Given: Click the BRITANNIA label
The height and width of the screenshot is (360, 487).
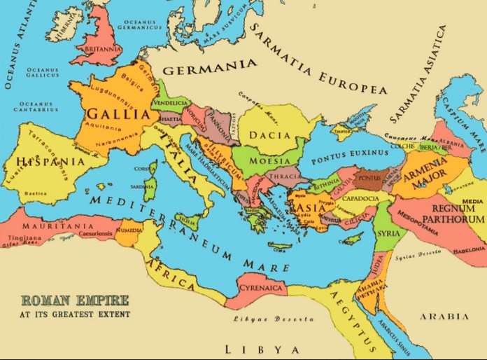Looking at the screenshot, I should click(100, 50).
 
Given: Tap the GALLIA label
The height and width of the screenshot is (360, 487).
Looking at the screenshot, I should click(118, 113).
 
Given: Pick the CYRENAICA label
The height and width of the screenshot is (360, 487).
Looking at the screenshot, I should click(258, 288).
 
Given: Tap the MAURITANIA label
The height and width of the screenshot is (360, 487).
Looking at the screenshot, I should click(50, 228).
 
